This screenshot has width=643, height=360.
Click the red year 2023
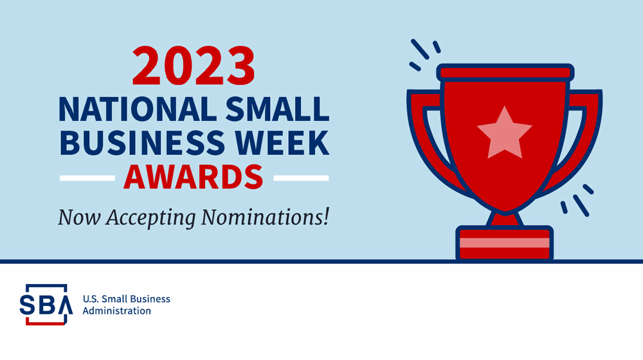(194, 66)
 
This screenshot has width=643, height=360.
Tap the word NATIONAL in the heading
(138, 109)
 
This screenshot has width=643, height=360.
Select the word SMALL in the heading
(277, 109)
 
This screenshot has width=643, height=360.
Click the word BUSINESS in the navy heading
(142, 143)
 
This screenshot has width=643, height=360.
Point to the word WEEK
(282, 143)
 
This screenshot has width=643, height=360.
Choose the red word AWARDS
(194, 177)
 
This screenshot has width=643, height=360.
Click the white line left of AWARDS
(87, 178)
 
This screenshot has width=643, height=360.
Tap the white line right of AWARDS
(301, 178)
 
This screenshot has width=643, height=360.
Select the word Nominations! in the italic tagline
(265, 217)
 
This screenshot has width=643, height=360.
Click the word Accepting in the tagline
(150, 218)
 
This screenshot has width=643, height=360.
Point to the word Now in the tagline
(79, 217)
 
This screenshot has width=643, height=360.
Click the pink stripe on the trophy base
(504, 243)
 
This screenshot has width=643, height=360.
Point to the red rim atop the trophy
(505, 73)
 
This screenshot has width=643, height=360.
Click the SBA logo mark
(46, 304)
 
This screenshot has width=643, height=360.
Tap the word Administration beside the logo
(117, 310)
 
